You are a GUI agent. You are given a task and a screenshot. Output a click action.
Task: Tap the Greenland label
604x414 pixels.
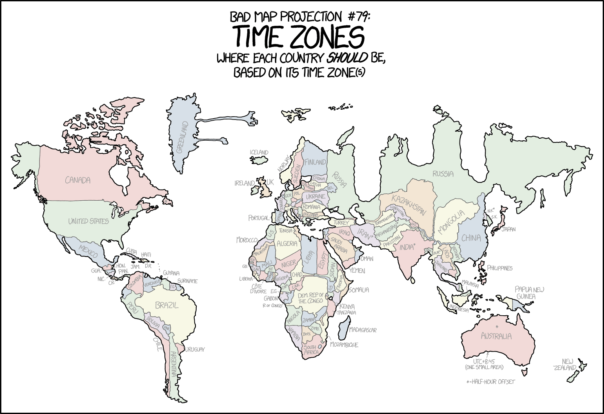pos(182,137)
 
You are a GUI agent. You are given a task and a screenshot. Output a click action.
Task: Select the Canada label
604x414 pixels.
pos(78,180)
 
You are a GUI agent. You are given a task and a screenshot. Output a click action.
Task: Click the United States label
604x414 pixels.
pos(88,221)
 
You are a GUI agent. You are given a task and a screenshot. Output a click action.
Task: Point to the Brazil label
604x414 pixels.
pos(167,305)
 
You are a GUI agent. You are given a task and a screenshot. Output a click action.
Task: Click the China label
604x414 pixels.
pos(471,238)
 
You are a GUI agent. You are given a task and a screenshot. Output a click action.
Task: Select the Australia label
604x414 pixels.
pos(496,337)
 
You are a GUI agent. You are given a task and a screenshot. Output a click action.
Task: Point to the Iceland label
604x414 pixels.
pos(259,152)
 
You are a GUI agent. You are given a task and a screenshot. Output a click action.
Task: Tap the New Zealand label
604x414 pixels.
pos(565,365)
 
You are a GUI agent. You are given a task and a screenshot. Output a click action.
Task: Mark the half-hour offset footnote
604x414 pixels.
pos(491,382)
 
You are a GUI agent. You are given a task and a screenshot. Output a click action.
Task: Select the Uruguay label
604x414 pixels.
pos(195,349)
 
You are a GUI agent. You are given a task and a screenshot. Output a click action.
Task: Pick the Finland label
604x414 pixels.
pos(315,162)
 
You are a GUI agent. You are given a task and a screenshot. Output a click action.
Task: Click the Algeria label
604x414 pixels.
pos(287,244)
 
